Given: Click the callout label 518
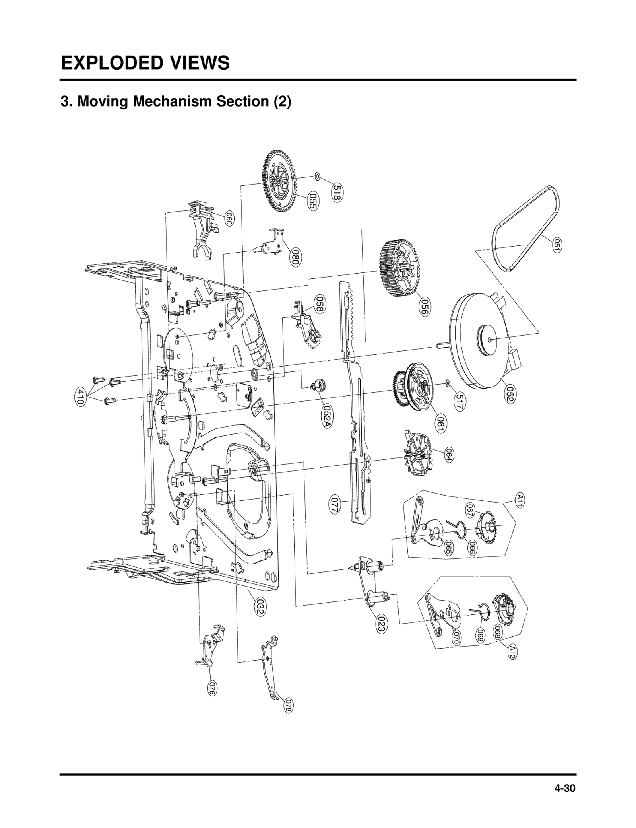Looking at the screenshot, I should click(x=337, y=193).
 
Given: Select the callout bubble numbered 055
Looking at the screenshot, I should click(x=312, y=202).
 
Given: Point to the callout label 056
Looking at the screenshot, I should click(x=425, y=307).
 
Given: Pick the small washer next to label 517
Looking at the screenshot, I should click(x=448, y=383).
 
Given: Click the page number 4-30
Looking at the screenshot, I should click(x=565, y=789).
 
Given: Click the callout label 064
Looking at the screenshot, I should click(x=448, y=454).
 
